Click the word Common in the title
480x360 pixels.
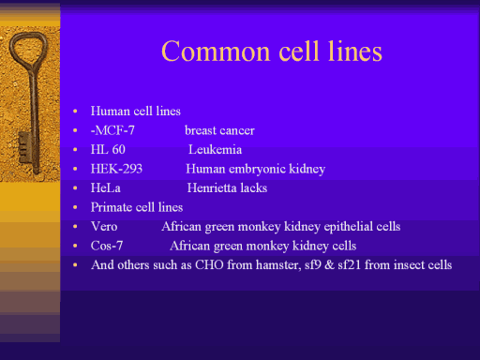(x=216, y=52)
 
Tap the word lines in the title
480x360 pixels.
(x=354, y=51)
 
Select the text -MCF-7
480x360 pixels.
(x=112, y=130)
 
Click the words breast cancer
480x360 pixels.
(x=219, y=130)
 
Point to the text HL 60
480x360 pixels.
(x=108, y=149)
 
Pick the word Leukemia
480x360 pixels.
(x=215, y=149)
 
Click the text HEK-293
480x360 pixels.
(x=116, y=169)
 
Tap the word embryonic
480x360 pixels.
(x=257, y=169)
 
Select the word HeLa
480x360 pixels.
(x=106, y=187)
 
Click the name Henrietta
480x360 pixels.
(x=208, y=187)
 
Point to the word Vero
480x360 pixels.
(x=104, y=226)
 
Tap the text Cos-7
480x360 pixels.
(x=107, y=246)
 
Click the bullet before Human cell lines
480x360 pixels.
(x=75, y=111)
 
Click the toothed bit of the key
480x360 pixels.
(x=25, y=147)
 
